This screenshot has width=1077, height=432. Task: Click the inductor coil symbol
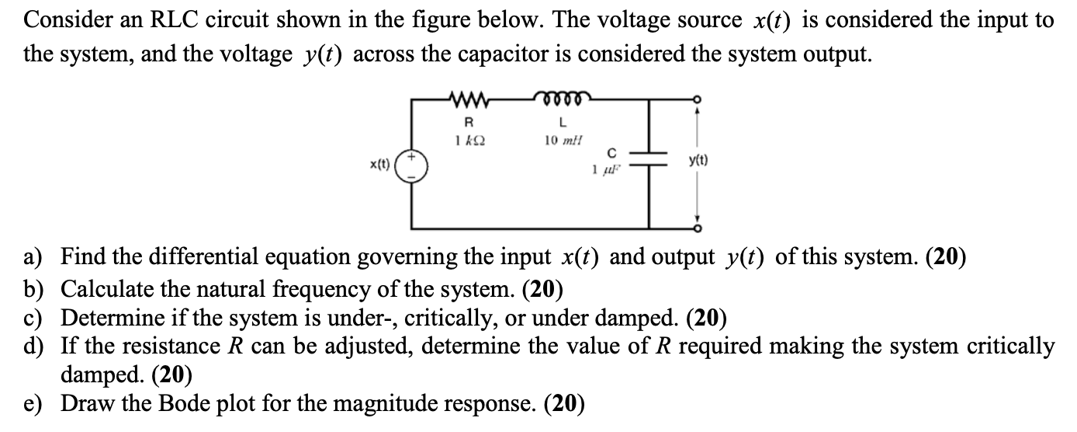(x=563, y=99)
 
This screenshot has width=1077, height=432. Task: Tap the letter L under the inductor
(x=563, y=123)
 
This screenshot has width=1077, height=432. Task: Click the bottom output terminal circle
(x=696, y=228)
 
